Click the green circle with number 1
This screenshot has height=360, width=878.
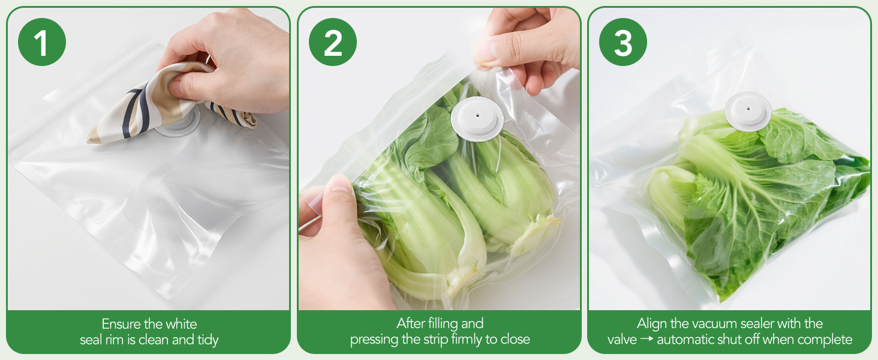click(41, 42)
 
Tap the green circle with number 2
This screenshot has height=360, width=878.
click(333, 42)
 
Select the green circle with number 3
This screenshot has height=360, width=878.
click(623, 42)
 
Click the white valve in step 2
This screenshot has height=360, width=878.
click(477, 119)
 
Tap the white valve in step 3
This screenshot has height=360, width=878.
click(747, 110)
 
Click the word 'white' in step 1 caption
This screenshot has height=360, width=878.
click(181, 325)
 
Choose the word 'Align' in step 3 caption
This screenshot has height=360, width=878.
click(652, 324)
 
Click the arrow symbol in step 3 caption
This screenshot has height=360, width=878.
click(647, 340)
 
